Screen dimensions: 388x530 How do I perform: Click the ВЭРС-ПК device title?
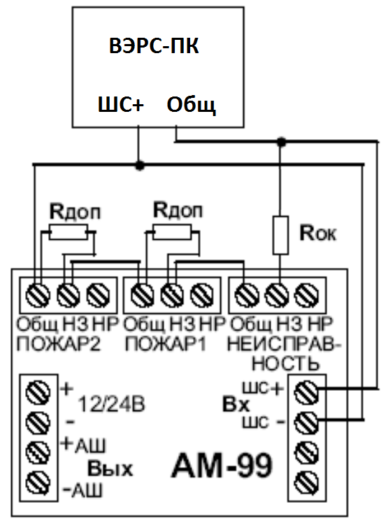coord(154,46)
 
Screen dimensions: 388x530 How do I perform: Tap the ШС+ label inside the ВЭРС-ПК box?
coord(121,104)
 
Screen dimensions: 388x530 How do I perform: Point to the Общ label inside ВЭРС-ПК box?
coord(192,105)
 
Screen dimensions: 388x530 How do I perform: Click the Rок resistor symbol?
coord(280,235)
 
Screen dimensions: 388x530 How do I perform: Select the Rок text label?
coord(318,233)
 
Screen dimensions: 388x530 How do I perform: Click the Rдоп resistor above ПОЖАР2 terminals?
coord(69,232)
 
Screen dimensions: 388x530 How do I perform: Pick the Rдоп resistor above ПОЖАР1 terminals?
coord(172,231)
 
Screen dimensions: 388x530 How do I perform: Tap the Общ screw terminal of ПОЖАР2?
coord(38,295)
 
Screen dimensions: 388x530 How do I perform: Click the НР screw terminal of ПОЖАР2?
coord(98,295)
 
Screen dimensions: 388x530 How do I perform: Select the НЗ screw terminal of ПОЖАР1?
coord(172,295)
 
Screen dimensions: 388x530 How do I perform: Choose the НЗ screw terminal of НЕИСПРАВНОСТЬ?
coord(277,295)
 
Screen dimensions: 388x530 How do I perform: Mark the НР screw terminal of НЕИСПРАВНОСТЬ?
coord(306,295)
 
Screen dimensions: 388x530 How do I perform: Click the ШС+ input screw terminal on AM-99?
coord(306,392)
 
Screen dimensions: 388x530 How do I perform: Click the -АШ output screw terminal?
coord(38,482)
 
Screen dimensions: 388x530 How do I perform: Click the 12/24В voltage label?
coord(112,404)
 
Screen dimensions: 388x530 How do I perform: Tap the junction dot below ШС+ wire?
coord(139,165)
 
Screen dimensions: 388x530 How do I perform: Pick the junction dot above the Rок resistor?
coord(281,143)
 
